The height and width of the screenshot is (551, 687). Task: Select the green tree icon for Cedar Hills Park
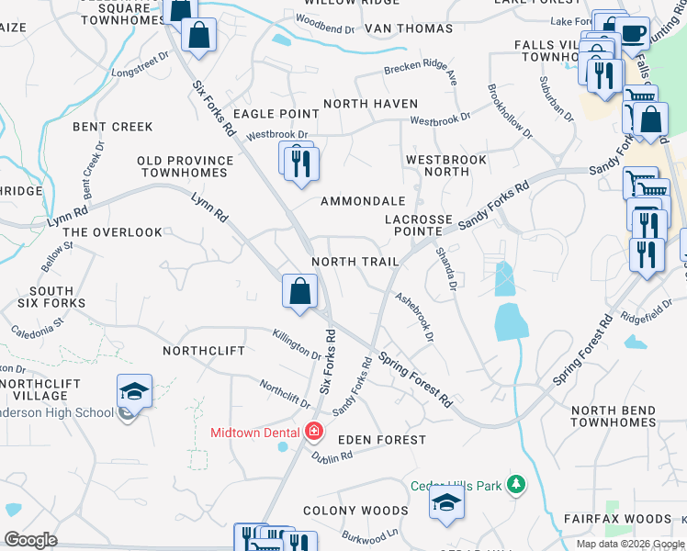(x=517, y=484)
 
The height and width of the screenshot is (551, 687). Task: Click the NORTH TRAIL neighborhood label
(x=355, y=262)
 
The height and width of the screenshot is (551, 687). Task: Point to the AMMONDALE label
(x=363, y=201)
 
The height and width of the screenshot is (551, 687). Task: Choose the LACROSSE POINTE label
(x=419, y=226)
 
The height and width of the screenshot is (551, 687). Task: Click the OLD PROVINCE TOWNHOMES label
(x=185, y=167)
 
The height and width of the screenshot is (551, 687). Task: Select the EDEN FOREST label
(x=382, y=440)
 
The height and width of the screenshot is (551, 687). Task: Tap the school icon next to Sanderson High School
(x=134, y=392)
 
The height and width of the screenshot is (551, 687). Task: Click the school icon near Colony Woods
(x=446, y=501)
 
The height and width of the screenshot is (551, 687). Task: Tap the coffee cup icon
(x=632, y=33)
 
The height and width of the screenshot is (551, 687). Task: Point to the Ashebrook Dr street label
(x=413, y=318)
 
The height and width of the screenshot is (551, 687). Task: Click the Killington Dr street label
(x=297, y=346)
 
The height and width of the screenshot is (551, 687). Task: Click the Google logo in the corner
(x=31, y=540)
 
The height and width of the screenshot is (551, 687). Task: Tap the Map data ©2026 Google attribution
(x=630, y=544)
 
